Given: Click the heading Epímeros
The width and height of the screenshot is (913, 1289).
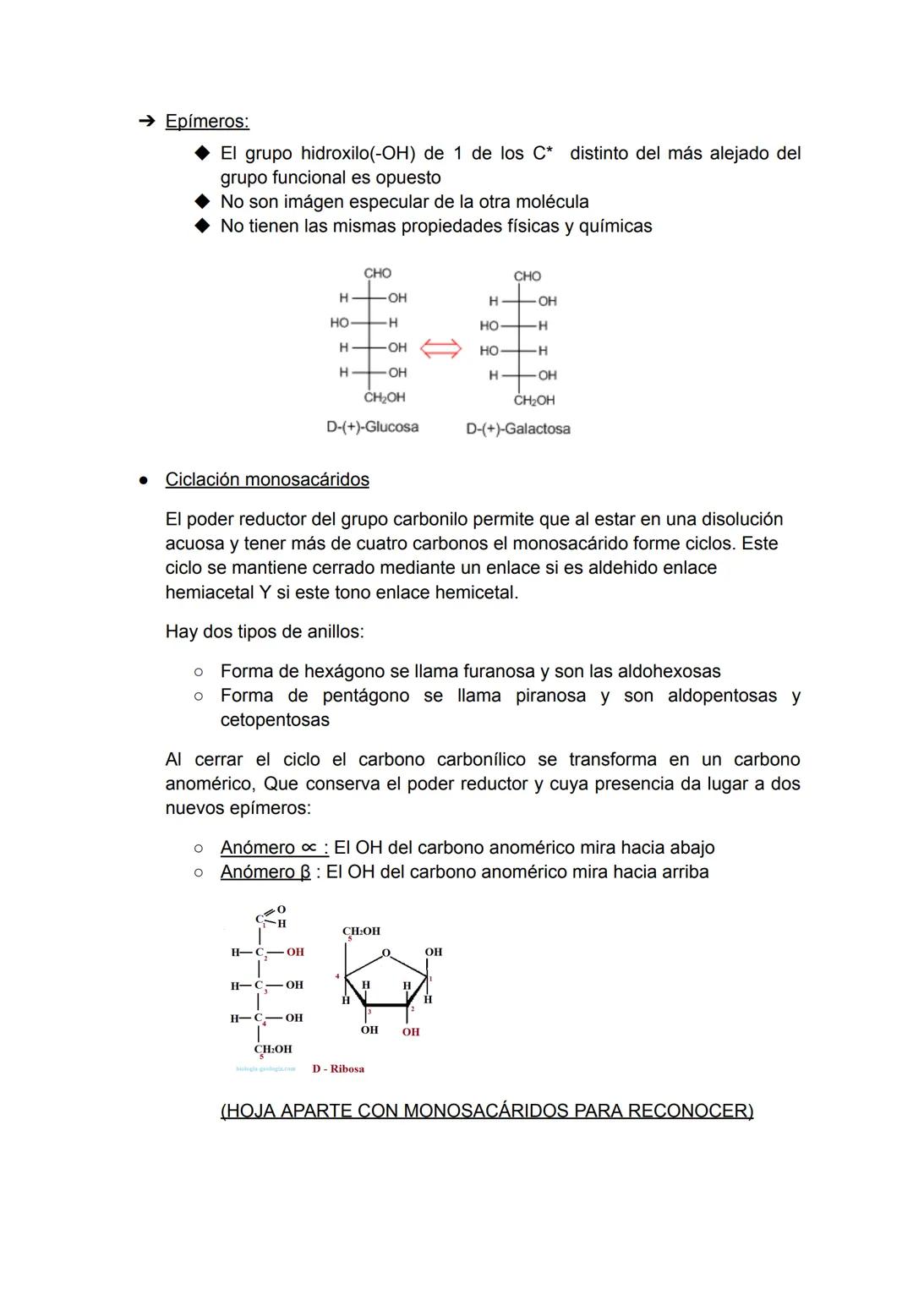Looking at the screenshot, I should (x=207, y=122).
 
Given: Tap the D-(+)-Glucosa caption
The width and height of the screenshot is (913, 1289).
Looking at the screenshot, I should (x=372, y=427).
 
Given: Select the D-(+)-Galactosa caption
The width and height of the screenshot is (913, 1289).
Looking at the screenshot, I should (x=517, y=429).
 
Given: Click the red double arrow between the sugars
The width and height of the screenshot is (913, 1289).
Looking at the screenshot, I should (x=441, y=348).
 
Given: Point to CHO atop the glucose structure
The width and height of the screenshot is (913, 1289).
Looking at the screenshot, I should (x=377, y=273).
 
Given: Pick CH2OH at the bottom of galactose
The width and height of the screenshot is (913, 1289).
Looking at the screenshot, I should (x=534, y=400).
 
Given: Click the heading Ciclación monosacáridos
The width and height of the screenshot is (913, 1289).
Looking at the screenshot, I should (x=267, y=479).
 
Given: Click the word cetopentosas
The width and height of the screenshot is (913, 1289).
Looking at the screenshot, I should (x=275, y=720).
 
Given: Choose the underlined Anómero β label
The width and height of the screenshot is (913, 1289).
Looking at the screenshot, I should (x=265, y=871).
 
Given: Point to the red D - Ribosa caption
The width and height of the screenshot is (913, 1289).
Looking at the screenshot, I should (x=338, y=1068).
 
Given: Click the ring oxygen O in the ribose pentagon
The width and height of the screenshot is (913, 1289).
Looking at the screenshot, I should (x=385, y=953).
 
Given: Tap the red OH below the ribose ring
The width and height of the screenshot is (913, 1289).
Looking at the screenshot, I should (x=411, y=1032).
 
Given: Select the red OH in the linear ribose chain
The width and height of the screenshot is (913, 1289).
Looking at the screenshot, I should (x=294, y=952).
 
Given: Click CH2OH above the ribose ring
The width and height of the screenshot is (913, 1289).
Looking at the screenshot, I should (x=361, y=931).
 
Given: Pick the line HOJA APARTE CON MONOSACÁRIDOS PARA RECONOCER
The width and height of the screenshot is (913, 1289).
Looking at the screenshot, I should (x=487, y=1111).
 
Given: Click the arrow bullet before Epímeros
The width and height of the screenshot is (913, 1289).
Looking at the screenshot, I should (x=145, y=122).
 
